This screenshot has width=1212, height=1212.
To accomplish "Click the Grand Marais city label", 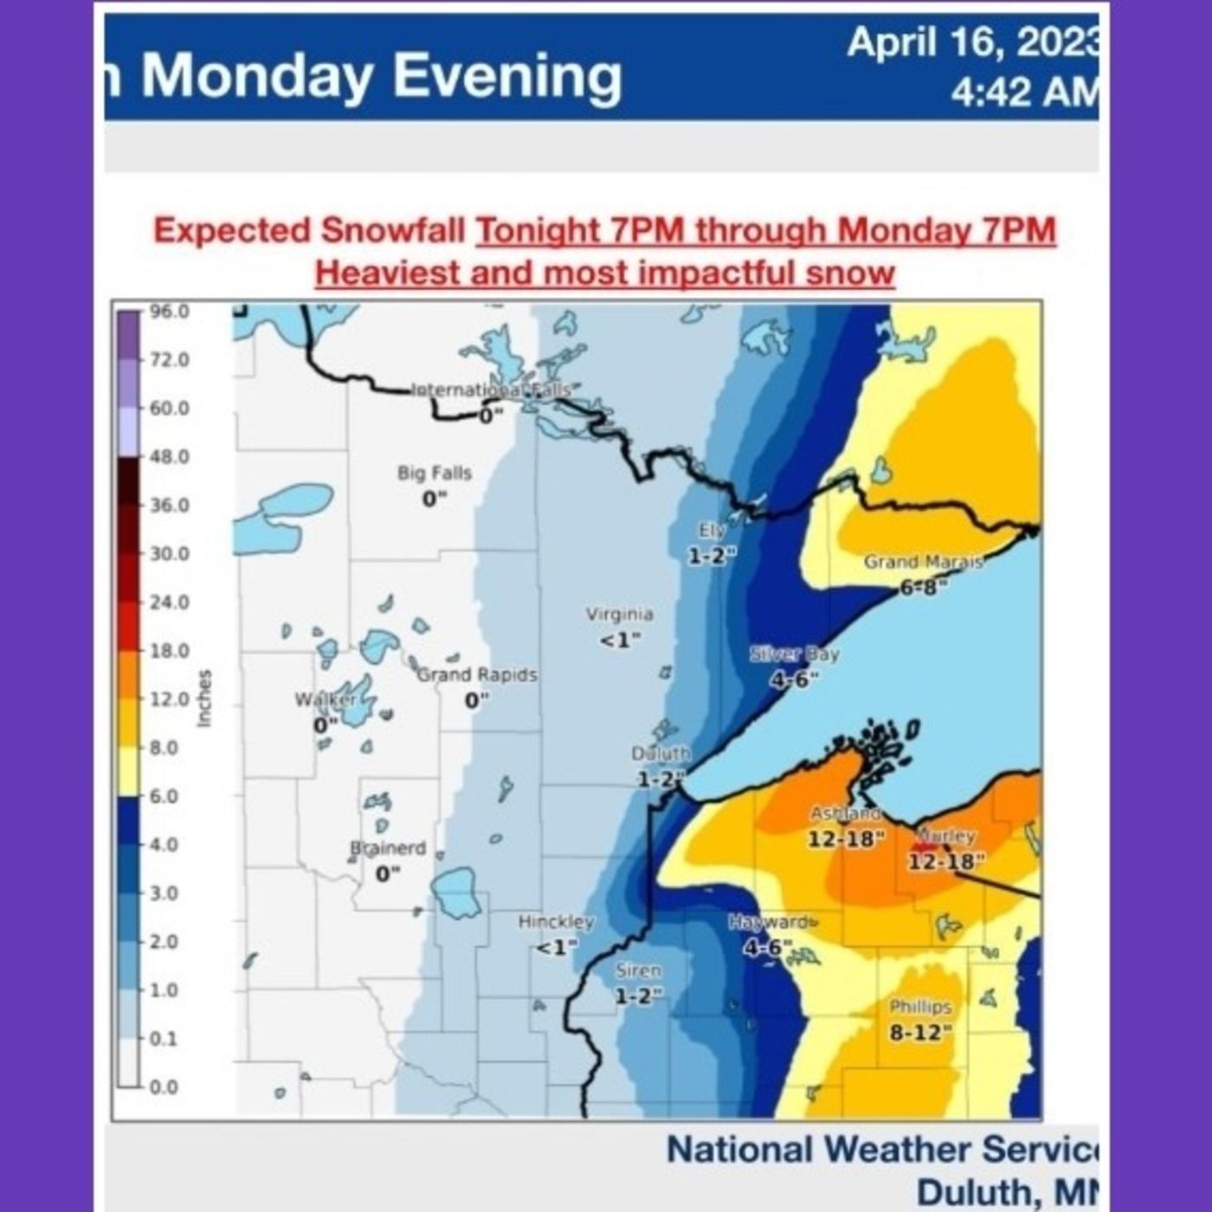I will pyautogui.click(x=923, y=562).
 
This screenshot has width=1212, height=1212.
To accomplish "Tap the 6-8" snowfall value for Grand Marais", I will pyautogui.click(x=923, y=588).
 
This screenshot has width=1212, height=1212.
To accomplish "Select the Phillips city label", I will pyautogui.click(x=920, y=1007).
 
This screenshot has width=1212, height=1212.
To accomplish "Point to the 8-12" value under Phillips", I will pyautogui.click(x=920, y=1033).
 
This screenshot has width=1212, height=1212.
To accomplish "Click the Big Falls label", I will pyautogui.click(x=435, y=473).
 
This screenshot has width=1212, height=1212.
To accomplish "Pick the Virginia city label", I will pyautogui.click(x=620, y=615).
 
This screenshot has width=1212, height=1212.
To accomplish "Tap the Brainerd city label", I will pyautogui.click(x=388, y=848).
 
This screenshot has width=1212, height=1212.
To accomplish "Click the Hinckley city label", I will pyautogui.click(x=556, y=922).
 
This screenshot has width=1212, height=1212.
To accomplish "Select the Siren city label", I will pyautogui.click(x=639, y=971).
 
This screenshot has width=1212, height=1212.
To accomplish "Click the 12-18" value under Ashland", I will pyautogui.click(x=846, y=839).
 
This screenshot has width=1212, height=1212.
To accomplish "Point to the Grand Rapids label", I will pyautogui.click(x=478, y=674).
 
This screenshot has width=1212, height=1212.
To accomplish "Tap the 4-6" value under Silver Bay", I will pyautogui.click(x=793, y=680).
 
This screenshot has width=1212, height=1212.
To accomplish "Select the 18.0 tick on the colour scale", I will pyautogui.click(x=170, y=651).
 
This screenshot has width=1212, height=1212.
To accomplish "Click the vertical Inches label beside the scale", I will pyautogui.click(x=205, y=699).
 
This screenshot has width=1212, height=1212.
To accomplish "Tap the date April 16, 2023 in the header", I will pyautogui.click(x=972, y=43).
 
